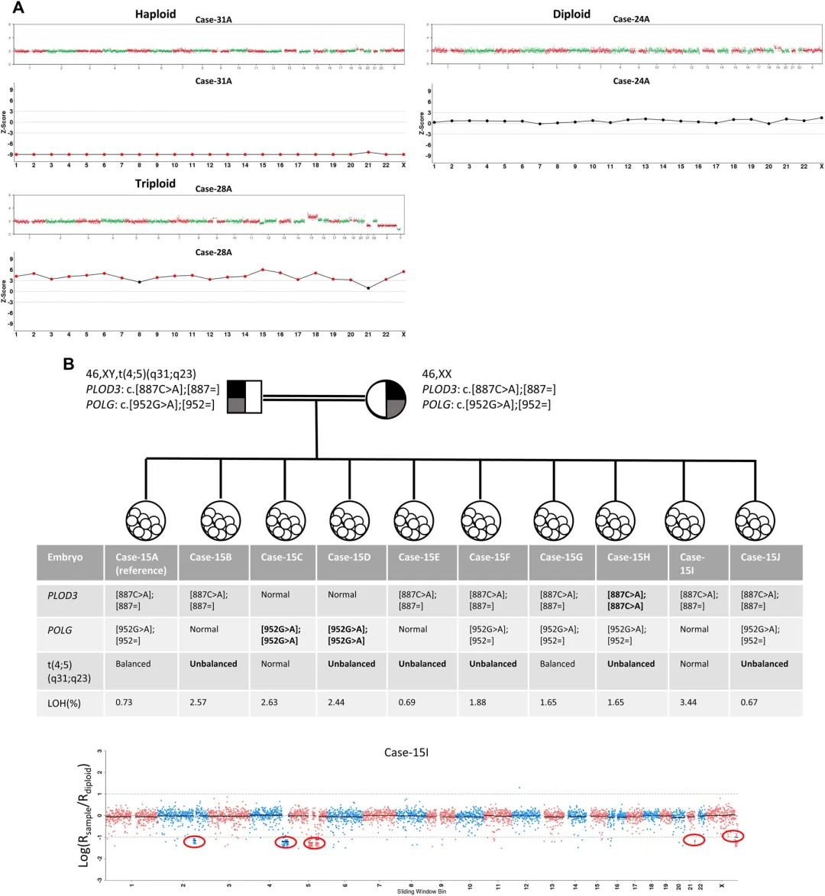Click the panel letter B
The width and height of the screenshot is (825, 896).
pos(69,364)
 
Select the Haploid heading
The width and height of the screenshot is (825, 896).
pos(155,15)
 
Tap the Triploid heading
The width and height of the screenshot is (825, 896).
pos(155,184)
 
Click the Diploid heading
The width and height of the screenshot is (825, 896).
pos(571,15)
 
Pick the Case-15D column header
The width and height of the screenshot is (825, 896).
pos(349,557)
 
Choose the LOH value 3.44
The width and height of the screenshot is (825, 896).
pos(689,702)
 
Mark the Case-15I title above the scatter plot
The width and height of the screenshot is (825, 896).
pos(406,753)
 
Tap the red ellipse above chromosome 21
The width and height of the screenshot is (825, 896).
pos(694,840)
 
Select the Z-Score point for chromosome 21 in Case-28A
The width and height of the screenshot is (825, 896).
pos(368,288)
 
